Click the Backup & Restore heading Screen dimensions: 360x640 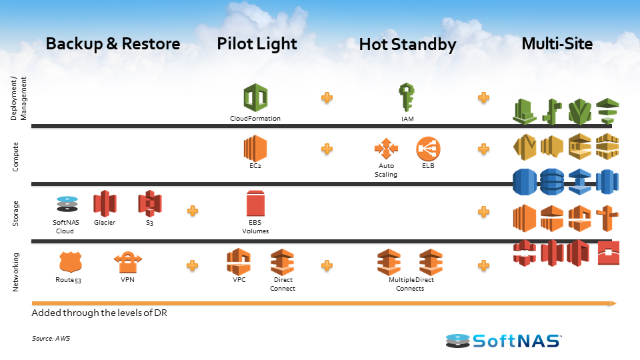[113, 44]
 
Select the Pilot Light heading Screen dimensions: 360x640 [257, 44]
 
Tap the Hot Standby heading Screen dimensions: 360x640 [407, 45]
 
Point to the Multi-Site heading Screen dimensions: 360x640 [557, 44]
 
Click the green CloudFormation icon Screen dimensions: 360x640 [255, 98]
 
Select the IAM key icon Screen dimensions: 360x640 [406, 97]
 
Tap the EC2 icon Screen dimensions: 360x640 [255, 147]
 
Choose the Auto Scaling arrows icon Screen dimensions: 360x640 [385, 148]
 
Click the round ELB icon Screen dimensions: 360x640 [428, 148]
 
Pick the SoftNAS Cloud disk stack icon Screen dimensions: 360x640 [67, 205]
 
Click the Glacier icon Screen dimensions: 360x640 [105, 204]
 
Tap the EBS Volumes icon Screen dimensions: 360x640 [255, 203]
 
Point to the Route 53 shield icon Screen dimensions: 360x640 [69, 262]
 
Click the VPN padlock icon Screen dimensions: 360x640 [127, 262]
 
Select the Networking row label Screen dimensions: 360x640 [16, 271]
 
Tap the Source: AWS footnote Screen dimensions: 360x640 [51, 339]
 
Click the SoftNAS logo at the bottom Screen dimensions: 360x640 [503, 341]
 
